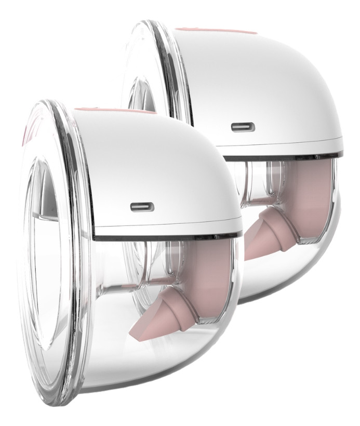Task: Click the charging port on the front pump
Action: coord(141,207)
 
